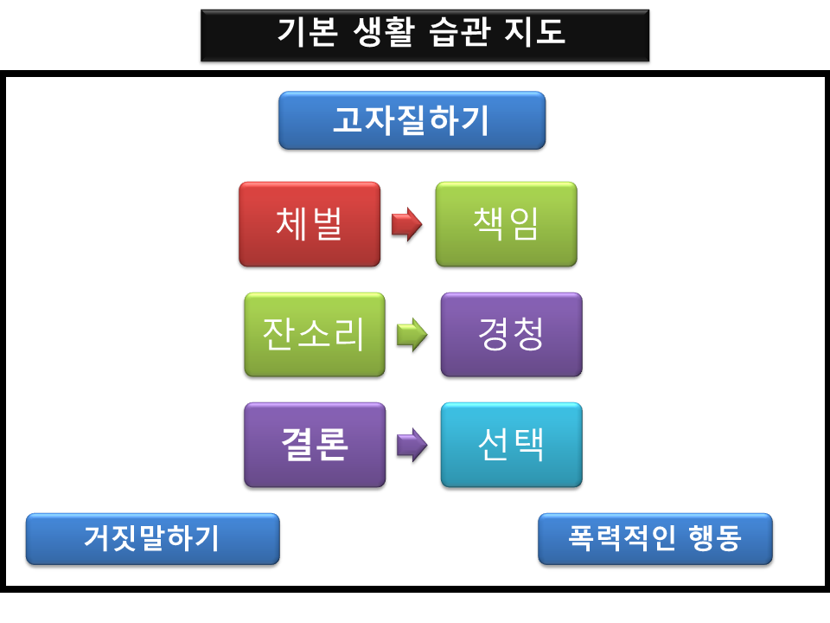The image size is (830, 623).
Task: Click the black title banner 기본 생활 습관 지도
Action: pos(425,35)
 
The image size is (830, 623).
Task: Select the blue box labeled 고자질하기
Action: pos(412,120)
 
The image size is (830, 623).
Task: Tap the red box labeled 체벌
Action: pos(310,224)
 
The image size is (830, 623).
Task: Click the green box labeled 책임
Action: pos(506,224)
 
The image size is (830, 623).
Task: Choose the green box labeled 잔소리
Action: pos(315,335)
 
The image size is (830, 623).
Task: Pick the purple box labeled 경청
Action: pos(511,335)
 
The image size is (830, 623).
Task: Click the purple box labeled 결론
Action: pos(315,445)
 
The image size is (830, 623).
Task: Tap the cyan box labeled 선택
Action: pos(511,445)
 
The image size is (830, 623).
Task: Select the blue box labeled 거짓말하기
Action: pos(152,539)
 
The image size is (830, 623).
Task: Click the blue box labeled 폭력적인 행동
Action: pos(654,539)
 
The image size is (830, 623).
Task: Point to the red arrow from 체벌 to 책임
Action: pos(406,224)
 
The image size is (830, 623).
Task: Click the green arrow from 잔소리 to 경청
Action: pos(412,335)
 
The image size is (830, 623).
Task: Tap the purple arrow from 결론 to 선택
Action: pos(412,445)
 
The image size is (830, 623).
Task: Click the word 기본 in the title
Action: pos(307,32)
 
